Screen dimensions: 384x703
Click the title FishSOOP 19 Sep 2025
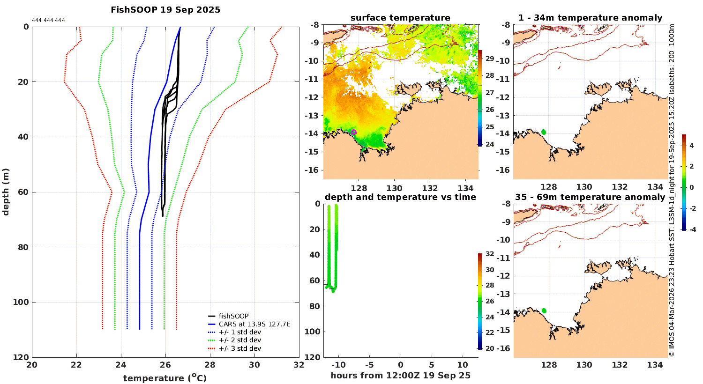click(x=165, y=9)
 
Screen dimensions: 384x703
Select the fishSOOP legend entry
click(x=233, y=316)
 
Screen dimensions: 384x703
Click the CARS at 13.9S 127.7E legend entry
click(x=254, y=324)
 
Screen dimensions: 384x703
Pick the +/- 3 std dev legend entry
click(x=239, y=348)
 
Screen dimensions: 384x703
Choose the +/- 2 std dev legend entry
click(x=239, y=340)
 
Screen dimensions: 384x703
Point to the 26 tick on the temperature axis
click(x=165, y=365)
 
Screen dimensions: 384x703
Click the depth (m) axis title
click(x=6, y=192)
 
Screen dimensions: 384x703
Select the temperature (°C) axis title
click(x=165, y=378)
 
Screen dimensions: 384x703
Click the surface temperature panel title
click(x=400, y=18)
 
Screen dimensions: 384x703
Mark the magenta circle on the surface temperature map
click(x=354, y=132)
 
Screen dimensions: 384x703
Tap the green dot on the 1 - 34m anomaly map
click(x=544, y=132)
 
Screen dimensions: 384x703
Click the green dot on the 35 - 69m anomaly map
click(x=544, y=310)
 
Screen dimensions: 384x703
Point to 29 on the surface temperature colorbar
click(x=489, y=59)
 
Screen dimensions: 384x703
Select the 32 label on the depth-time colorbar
click(x=489, y=254)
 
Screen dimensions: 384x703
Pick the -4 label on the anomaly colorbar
click(x=690, y=229)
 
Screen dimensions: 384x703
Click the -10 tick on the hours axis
click(x=338, y=365)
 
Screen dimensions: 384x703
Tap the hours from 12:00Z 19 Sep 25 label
click(x=400, y=376)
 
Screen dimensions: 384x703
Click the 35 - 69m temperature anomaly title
click(x=590, y=197)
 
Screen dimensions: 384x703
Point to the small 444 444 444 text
click(x=48, y=21)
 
